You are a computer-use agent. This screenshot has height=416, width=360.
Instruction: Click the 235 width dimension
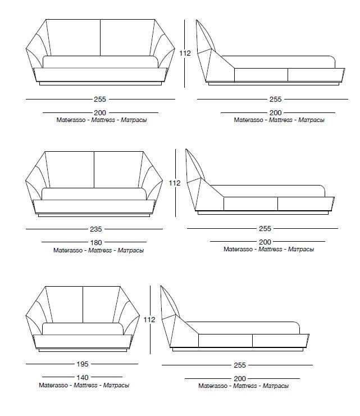coord(94,229)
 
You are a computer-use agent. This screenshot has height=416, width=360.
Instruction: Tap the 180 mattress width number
coord(94,243)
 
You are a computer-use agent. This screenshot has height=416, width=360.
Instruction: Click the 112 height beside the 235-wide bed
coord(175,183)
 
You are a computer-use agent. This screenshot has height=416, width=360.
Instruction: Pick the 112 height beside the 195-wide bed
coord(149,319)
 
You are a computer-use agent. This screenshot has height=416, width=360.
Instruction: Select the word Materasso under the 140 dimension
coord(53,386)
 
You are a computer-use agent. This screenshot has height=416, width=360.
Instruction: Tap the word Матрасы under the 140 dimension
coord(116,386)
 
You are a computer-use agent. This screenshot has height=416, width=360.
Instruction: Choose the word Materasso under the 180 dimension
coord(67,250)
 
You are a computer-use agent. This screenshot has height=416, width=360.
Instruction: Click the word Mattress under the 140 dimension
coord(83,386)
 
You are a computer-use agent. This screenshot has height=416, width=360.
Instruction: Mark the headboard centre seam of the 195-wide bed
coord(83,304)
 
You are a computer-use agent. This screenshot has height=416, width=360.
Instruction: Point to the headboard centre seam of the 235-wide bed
coord(93,169)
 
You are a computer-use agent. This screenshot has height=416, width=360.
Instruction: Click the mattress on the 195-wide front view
coord(83,329)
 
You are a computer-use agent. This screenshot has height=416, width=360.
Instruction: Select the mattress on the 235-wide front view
coord(93,195)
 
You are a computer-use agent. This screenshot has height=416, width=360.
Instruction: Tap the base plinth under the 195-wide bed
coord(83,351)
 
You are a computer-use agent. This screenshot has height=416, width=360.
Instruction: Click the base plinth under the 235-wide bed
coord(93,216)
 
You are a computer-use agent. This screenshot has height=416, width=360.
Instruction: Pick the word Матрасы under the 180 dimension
coord(129,250)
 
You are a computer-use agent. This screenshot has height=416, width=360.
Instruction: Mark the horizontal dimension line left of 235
coord(56,229)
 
